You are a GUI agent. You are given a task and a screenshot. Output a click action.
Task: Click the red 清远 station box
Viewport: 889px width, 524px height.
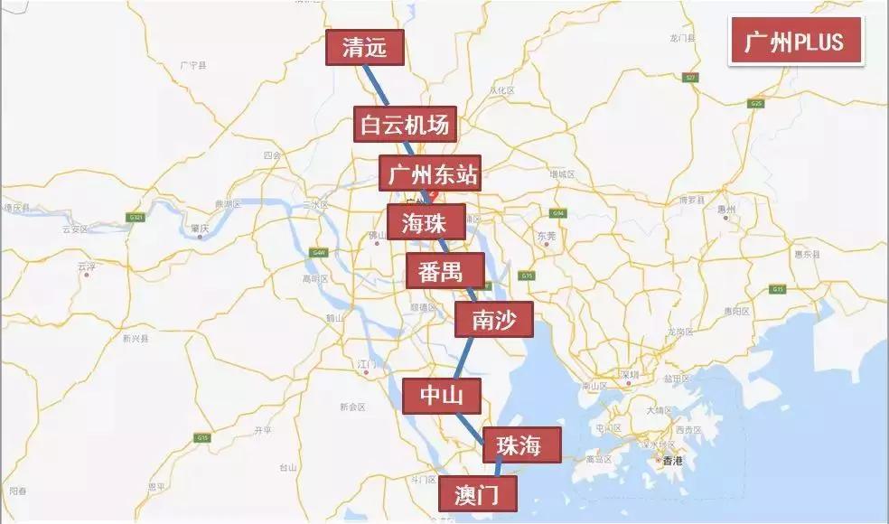364,49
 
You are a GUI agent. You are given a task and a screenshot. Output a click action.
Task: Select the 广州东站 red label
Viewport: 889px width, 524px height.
428,173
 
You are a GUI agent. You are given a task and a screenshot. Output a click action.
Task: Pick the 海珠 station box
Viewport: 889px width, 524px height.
426,221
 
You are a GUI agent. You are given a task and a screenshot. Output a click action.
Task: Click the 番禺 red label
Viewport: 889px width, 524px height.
444,270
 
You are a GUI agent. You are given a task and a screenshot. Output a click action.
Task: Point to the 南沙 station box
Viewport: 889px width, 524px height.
493,319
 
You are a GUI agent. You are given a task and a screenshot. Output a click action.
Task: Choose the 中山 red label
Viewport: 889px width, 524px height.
441,395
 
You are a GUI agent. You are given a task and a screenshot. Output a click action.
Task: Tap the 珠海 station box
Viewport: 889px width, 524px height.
522,444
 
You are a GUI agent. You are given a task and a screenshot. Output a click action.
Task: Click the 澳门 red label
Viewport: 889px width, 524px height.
479,494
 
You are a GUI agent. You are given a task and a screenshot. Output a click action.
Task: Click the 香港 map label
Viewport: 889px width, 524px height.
673,462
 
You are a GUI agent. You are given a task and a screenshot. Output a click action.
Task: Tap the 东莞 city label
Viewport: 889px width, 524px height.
546,236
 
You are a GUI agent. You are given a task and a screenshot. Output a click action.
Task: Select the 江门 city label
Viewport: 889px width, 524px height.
367,363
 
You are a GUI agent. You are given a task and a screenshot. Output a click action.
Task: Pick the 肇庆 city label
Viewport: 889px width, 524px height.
201,228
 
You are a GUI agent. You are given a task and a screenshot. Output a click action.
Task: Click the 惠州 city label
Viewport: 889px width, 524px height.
727,210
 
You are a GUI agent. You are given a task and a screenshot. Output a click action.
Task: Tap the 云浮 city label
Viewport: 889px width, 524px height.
87,266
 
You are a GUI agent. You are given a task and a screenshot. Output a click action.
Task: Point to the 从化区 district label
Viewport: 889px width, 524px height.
501,90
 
